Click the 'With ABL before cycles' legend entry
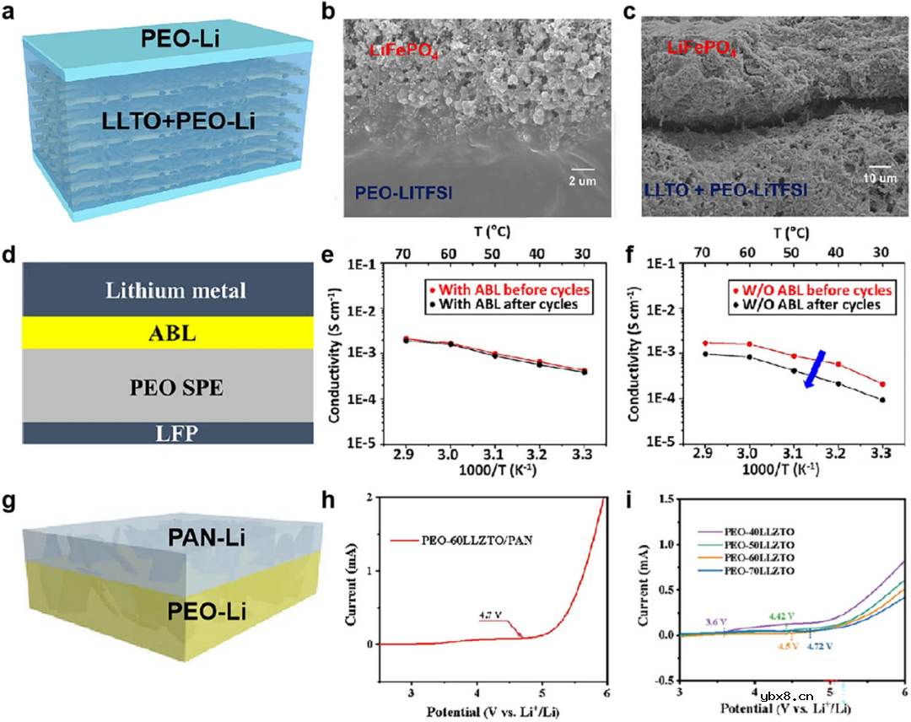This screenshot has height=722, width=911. click(511, 289)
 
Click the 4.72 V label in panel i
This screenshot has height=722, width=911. click(819, 645)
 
